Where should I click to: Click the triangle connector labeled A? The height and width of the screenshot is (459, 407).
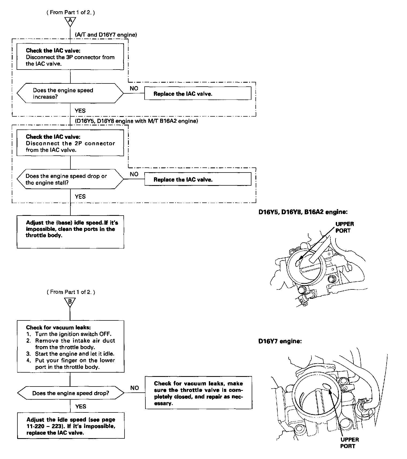click(x=70, y=21)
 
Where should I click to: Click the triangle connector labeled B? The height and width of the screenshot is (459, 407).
click(x=70, y=302)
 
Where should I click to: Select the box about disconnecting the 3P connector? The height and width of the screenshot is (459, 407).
click(x=70, y=57)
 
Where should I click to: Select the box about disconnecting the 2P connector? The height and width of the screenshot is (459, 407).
click(x=70, y=143)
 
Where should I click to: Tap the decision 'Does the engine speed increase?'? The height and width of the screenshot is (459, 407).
click(x=70, y=93)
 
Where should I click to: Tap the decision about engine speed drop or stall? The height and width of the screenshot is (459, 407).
click(x=70, y=179)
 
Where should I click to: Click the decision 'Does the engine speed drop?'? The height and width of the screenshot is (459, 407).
click(x=71, y=393)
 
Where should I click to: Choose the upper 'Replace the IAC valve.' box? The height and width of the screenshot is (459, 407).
click(x=198, y=94)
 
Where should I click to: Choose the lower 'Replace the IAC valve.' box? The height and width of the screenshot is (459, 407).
click(x=198, y=179)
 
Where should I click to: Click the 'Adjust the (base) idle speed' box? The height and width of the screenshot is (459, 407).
click(x=70, y=232)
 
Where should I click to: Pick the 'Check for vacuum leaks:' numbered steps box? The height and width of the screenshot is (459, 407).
click(x=71, y=346)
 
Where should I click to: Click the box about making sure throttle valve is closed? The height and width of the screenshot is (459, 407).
click(x=198, y=393)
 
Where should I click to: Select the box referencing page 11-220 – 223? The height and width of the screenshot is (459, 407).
click(x=71, y=426)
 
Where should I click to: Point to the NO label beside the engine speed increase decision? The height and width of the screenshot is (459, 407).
click(x=134, y=88)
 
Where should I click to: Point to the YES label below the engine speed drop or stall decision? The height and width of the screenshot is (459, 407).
click(x=80, y=197)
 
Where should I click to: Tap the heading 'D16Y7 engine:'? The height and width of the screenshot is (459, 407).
click(x=280, y=341)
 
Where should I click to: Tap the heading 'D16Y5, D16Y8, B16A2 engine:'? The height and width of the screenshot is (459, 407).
click(x=303, y=212)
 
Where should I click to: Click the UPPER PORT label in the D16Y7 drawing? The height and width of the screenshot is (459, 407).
click(x=349, y=443)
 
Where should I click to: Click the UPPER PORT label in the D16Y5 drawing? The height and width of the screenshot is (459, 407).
click(x=345, y=227)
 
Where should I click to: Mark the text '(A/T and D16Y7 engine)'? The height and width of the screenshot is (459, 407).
click(x=106, y=35)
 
